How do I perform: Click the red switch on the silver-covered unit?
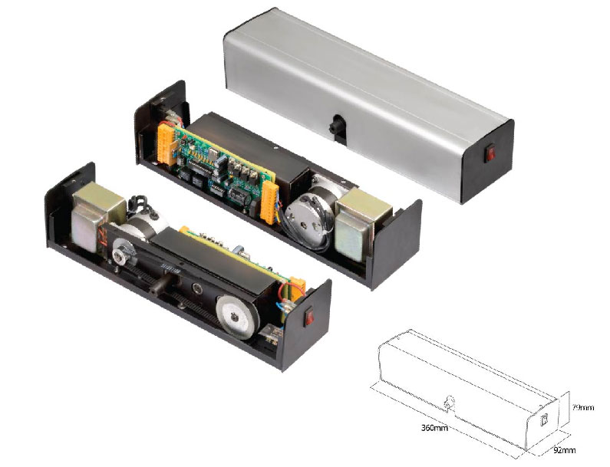[x=490, y=153]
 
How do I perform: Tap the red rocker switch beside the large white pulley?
[x=310, y=315]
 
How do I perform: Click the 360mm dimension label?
[x=434, y=428]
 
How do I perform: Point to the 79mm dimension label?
[x=583, y=407]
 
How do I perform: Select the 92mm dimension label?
[x=564, y=450]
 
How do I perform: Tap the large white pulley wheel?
[x=237, y=317]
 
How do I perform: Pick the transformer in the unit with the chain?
[x=97, y=215]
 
